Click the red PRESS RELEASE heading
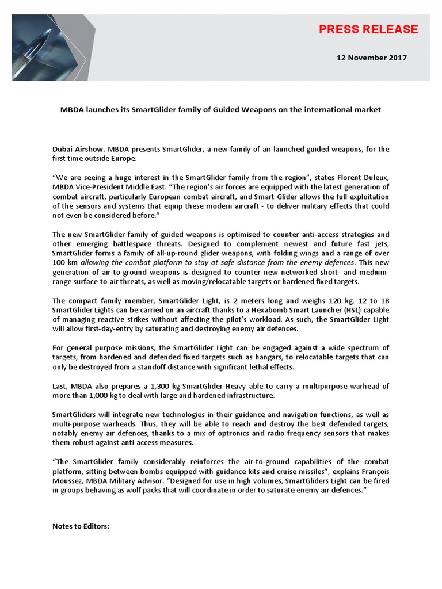click(x=368, y=29)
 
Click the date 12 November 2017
click(x=371, y=58)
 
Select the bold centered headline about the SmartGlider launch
click(x=220, y=109)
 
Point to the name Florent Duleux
click(x=366, y=178)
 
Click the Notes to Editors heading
click(x=81, y=526)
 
